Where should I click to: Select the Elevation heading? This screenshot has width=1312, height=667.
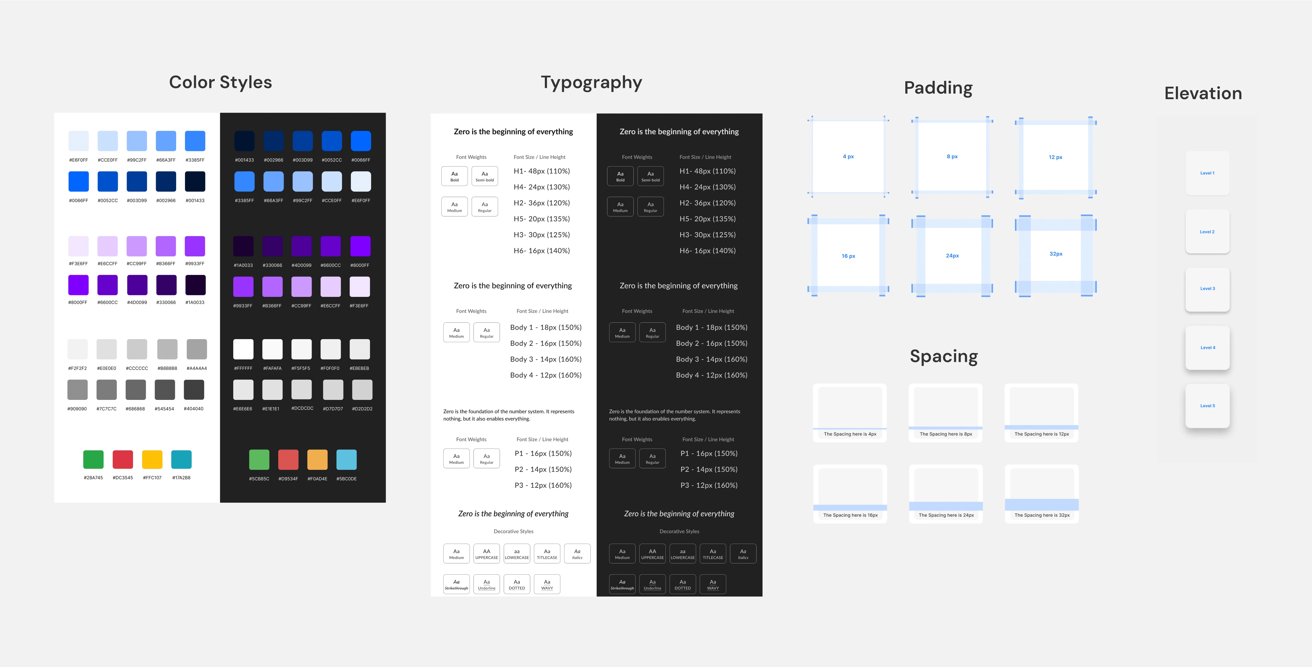click(x=1203, y=93)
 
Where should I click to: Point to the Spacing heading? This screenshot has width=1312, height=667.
click(x=944, y=356)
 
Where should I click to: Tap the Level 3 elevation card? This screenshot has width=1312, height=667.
click(x=1208, y=289)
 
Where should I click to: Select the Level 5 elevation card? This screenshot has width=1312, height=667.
click(x=1208, y=406)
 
